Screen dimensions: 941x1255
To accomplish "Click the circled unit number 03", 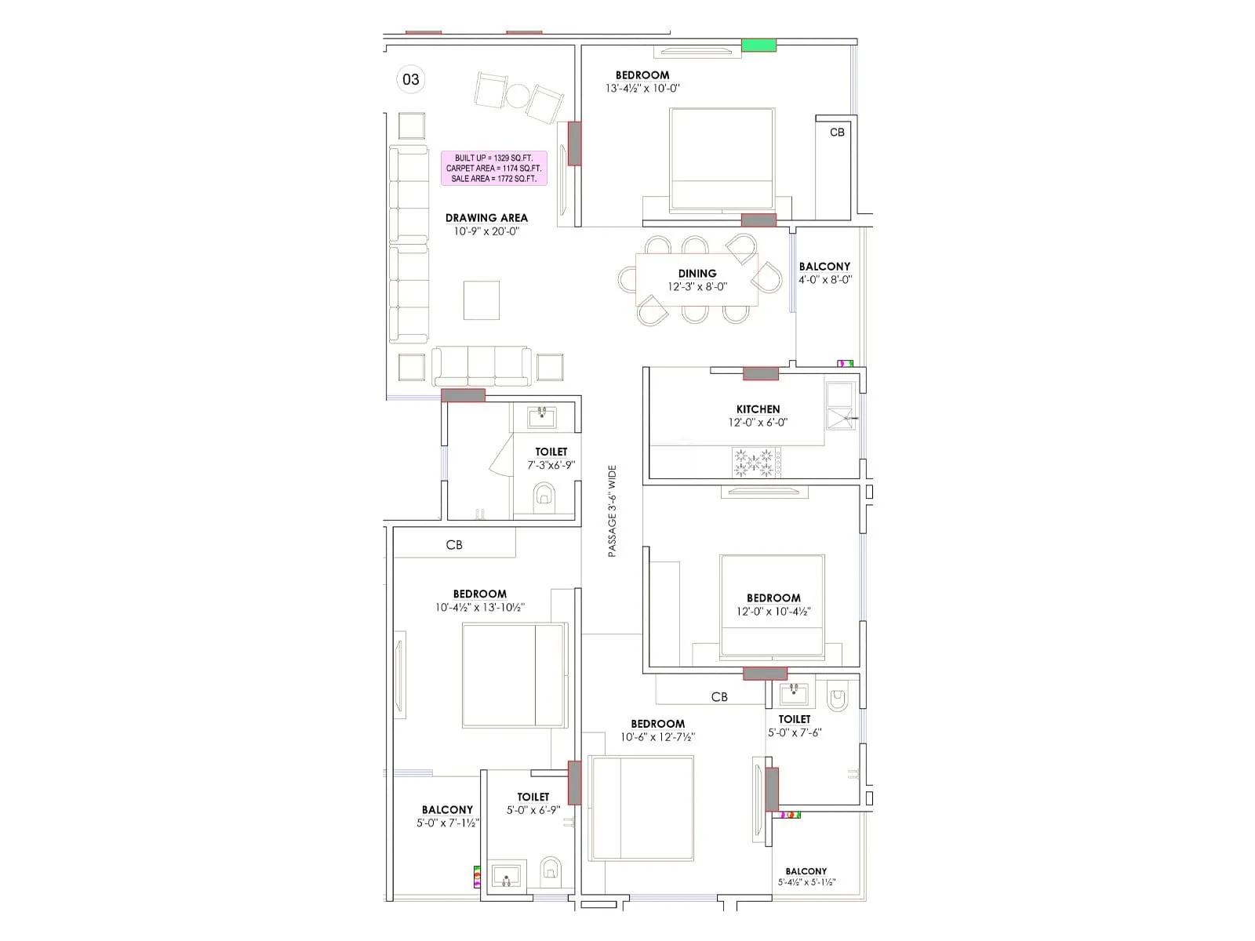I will tap(411, 79).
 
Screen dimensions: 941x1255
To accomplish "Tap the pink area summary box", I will tap(493, 168).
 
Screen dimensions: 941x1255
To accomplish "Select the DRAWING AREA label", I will tap(486, 218).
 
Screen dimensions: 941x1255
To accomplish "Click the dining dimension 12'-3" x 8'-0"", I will tap(697, 287).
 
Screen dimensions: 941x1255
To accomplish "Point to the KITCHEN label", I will tap(758, 409).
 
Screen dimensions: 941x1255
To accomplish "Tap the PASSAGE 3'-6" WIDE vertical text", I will tap(613, 511).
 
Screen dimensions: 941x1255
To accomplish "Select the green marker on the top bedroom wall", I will tap(758, 45).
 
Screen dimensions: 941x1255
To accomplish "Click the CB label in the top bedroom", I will tap(837, 133).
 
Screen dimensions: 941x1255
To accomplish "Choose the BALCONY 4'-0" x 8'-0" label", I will tap(824, 267).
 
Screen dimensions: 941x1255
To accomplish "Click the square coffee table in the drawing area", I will tap(481, 300).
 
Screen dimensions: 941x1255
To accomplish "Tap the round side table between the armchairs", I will tap(518, 96).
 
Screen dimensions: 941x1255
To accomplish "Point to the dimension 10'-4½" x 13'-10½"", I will tap(480, 608).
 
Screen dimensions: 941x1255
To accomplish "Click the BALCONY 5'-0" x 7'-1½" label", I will tap(447, 810).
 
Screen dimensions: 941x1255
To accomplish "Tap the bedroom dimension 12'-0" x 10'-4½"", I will tap(773, 612).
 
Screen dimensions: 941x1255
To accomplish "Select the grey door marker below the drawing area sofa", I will tap(463, 395).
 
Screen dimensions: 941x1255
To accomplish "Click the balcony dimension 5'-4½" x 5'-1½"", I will tap(806, 882).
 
